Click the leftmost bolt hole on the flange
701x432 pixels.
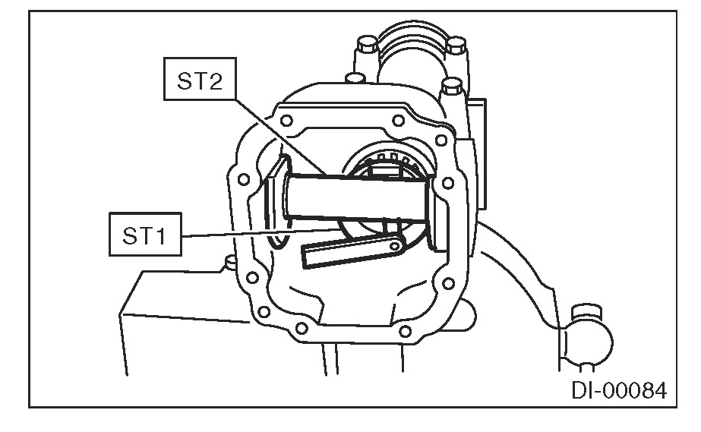click(244, 181)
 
